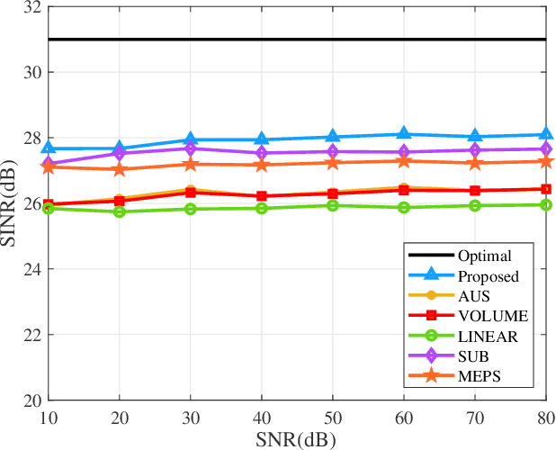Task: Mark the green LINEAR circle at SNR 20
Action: (119, 211)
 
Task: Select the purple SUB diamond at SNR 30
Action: (190, 148)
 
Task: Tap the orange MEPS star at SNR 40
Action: (262, 165)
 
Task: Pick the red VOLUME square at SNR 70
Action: (475, 190)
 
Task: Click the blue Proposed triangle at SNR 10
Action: (48, 148)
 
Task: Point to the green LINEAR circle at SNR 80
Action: (546, 204)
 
